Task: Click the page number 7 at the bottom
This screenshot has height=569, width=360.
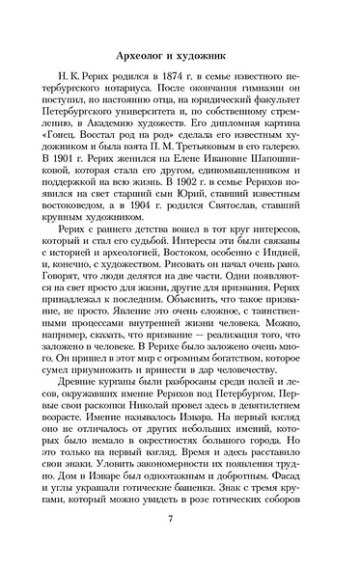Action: point(180,520)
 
